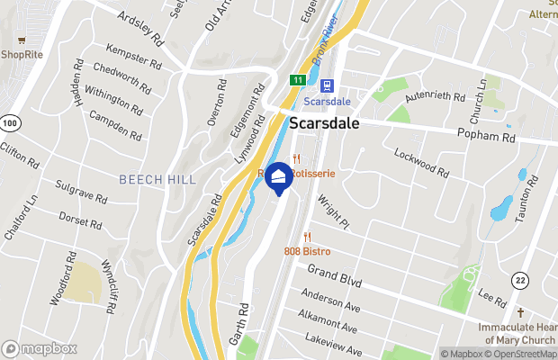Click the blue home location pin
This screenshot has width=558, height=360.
coord(278,177)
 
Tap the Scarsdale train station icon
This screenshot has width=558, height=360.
coord(326,85)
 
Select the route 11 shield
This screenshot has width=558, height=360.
coord(296,81)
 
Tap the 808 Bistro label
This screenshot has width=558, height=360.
coord(307,250)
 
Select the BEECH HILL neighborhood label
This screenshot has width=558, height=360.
coord(157,179)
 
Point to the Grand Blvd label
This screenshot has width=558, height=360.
coord(334,276)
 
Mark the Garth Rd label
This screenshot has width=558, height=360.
coord(238,327)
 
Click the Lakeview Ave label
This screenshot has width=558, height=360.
coord(333,345)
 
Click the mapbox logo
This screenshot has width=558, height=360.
coord(40,348)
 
